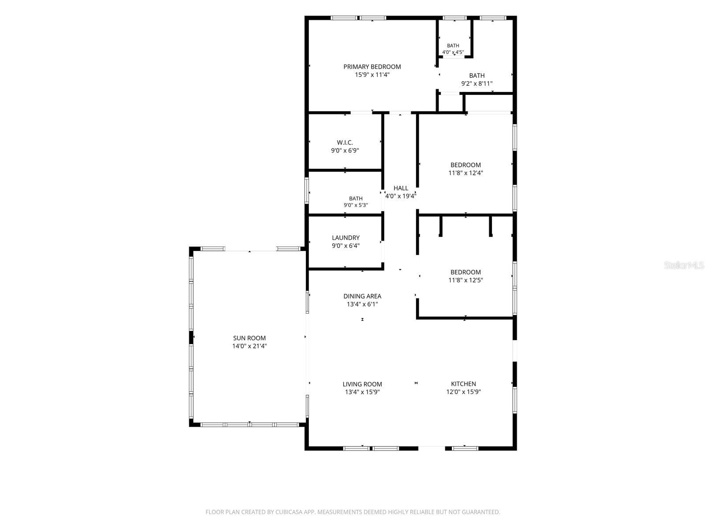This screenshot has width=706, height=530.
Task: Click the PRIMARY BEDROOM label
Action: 372,67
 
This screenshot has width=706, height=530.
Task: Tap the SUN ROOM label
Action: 249,338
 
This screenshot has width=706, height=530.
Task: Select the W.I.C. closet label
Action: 345,142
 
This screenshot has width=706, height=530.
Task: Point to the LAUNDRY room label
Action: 346,238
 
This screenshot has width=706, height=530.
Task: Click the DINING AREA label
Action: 362,296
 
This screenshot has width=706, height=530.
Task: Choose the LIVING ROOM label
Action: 362,384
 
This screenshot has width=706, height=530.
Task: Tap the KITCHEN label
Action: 463,383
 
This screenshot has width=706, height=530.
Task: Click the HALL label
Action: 401,188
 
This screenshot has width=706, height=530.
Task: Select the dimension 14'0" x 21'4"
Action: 249,346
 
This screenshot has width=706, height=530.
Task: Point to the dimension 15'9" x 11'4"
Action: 372,75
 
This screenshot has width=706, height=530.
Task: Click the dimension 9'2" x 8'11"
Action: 477,83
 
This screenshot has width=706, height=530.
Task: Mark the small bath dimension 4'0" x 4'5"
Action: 453,52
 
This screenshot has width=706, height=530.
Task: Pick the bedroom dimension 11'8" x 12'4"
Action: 466,173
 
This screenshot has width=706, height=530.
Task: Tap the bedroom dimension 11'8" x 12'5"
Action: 466,280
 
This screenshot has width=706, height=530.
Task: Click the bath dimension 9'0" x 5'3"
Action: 356,205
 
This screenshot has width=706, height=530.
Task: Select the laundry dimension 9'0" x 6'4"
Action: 346,246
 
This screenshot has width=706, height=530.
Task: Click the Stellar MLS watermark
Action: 684,265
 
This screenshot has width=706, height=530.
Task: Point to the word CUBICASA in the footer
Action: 289,511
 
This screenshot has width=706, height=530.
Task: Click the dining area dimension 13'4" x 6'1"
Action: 362,304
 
